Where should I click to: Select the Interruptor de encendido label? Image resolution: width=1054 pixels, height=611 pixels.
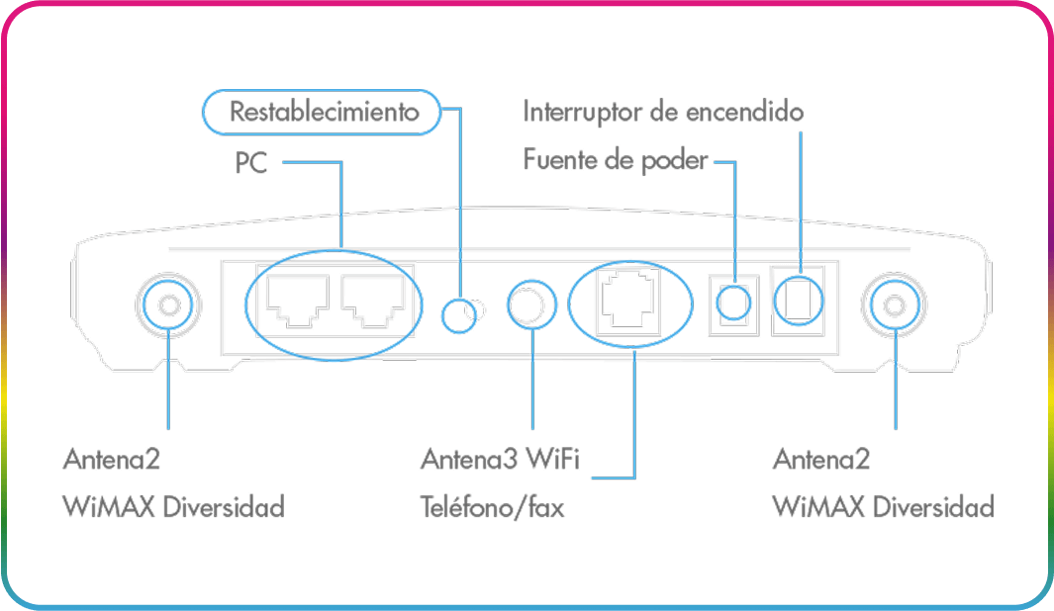662,112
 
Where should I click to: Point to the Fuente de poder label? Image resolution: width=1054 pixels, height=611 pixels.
615,159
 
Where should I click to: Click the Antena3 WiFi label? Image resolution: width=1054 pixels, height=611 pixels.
500,460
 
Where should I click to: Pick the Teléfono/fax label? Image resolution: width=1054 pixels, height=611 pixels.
492,508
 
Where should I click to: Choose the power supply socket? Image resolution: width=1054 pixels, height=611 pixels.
733,301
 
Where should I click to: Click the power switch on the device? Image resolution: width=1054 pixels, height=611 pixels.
796,300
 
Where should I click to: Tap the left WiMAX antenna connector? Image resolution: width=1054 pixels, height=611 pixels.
166,305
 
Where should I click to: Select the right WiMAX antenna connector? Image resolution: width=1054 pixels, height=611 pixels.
895,305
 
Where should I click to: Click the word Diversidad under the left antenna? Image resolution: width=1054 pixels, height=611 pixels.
224,508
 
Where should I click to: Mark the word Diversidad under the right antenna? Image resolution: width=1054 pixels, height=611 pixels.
933,508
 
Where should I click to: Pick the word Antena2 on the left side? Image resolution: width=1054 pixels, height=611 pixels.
111,460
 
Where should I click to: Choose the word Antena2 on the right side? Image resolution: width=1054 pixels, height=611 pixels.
820,460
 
